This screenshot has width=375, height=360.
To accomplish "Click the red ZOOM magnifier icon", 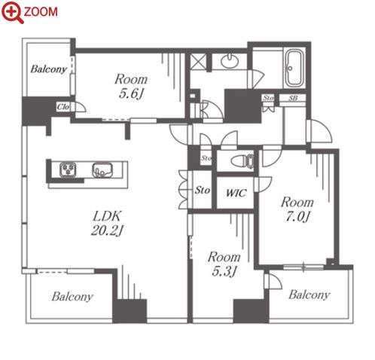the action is pyautogui.click(x=13, y=12).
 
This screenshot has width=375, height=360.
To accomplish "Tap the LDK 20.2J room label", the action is pyautogui.click(x=107, y=223).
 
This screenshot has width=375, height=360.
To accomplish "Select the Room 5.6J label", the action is pyautogui.click(x=131, y=86).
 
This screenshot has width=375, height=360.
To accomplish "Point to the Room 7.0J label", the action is pyautogui.click(x=297, y=209).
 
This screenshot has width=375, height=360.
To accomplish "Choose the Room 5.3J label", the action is pyautogui.click(x=224, y=264).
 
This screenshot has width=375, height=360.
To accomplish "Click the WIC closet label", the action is pyautogui.click(x=236, y=193).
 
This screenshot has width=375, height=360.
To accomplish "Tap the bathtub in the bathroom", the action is pyautogui.click(x=294, y=68).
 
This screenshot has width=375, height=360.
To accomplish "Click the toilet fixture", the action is pyautogui.click(x=243, y=160).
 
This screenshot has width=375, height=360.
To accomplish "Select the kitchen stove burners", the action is pyautogui.click(x=68, y=169).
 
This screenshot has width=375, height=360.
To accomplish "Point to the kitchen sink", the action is pyautogui.click(x=102, y=170).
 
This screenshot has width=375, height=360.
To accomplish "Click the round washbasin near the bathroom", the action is pyautogui.click(x=230, y=61).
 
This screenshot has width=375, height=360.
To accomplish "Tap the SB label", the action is pyautogui.click(x=293, y=98).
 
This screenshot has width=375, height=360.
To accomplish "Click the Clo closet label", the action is pyautogui.click(x=62, y=107).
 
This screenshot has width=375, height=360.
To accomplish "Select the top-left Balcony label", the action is pyautogui.click(x=49, y=69).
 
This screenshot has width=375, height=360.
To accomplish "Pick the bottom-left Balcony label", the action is pyautogui.click(x=72, y=297).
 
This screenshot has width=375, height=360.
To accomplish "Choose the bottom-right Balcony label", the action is pyautogui.click(x=309, y=294).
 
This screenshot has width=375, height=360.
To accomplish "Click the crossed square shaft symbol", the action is pyautogui.click(x=198, y=62).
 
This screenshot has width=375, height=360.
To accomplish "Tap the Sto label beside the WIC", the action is pyautogui.click(x=203, y=190).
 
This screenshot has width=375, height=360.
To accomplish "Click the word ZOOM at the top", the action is pyautogui.click(x=41, y=12).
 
